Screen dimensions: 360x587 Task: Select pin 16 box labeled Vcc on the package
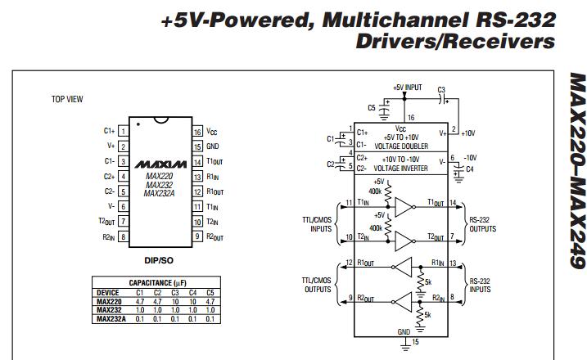pos(197,132)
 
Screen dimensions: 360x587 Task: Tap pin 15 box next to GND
pos(197,146)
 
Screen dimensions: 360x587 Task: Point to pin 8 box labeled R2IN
pos(123,236)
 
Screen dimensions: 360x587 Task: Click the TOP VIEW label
pos(67,99)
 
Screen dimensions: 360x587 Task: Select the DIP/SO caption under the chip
pos(160,260)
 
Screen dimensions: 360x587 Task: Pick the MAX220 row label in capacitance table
pos(108,302)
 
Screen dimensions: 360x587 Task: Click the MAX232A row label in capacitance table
pos(110,318)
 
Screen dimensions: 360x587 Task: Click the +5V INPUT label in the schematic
pos(407,86)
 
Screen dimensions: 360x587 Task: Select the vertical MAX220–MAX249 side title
pos(575,171)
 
